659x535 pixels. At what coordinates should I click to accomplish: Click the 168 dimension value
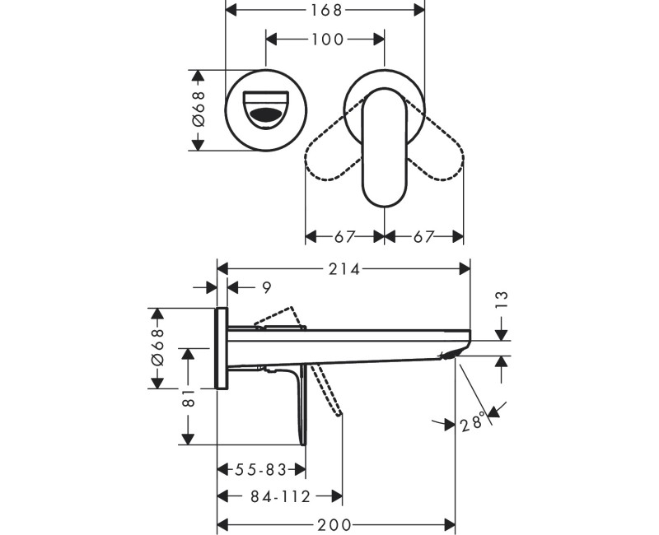[325, 10]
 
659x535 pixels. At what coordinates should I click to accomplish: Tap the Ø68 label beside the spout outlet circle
[198, 109]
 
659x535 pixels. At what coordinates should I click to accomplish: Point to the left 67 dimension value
[345, 236]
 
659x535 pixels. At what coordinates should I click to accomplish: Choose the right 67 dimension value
[424, 236]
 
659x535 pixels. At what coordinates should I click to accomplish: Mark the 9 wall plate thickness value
[265, 287]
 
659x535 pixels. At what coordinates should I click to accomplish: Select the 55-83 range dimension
[261, 470]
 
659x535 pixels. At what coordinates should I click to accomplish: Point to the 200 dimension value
[337, 524]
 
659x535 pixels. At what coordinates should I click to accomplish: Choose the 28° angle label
[472, 425]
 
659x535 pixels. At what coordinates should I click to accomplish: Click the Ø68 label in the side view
[157, 348]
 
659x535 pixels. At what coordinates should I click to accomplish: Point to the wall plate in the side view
[222, 348]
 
